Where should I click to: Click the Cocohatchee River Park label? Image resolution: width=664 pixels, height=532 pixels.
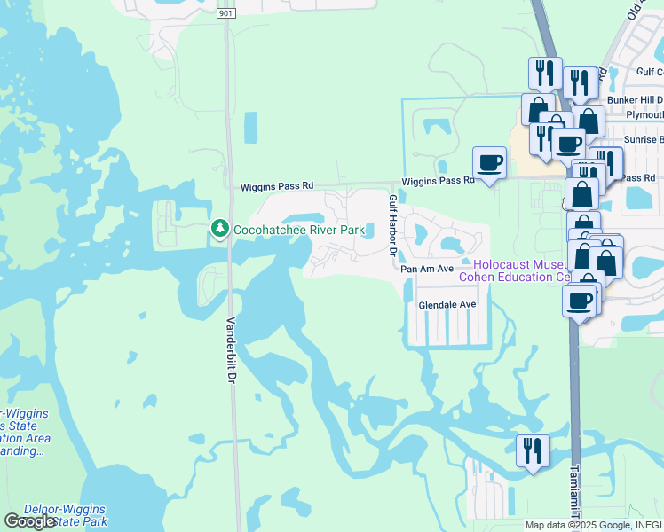point(299,231)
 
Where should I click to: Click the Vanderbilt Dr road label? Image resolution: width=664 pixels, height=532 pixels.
point(230,351)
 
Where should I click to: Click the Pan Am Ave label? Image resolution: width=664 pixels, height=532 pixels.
point(427,269)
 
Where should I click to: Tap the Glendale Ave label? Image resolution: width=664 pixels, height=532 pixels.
point(447,304)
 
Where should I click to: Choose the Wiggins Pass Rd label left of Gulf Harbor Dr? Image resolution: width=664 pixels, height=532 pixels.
point(278,187)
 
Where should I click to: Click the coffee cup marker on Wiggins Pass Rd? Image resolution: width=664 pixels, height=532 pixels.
point(489,163)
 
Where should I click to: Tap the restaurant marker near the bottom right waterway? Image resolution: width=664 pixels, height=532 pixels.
point(533,450)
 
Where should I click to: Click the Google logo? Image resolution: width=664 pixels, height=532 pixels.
point(30,521)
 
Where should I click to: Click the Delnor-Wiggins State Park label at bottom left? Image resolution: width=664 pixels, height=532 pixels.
point(65,515)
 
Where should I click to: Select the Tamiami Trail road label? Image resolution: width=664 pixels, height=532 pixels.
point(575,493)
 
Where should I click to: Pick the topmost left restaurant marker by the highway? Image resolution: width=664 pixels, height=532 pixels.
point(543,73)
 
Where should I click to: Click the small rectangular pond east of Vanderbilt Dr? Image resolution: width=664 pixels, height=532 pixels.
point(249,128)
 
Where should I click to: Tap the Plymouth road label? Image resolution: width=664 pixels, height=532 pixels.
point(644,115)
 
